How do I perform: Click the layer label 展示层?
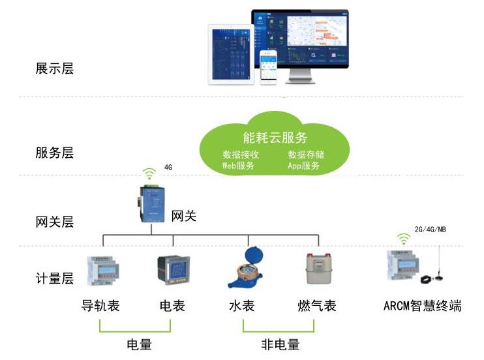55,68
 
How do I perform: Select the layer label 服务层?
55,153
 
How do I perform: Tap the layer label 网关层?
55,222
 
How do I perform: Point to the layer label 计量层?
55,278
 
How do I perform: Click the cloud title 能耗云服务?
275,138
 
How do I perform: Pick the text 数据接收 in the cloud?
241,155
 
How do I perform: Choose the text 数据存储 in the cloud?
306,155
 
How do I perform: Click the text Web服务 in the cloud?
238,166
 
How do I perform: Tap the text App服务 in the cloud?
304,166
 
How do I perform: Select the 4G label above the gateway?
168,168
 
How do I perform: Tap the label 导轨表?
100,305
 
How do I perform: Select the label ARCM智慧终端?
423,305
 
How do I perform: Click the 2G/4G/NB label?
431,230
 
